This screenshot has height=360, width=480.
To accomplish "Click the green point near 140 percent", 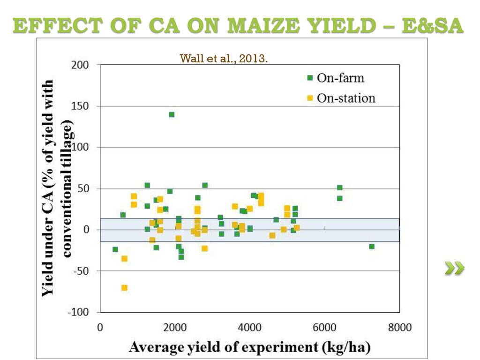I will tap(172, 114).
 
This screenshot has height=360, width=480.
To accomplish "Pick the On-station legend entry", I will tap(341, 98).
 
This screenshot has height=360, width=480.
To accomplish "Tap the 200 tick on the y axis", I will tap(80, 65).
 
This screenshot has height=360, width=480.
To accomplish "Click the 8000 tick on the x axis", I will tap(399, 327).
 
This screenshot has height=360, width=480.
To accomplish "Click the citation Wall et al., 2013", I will tap(224, 59).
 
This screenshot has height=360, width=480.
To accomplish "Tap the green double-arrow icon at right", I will tap(454, 268).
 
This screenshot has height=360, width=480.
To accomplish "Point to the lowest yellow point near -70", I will tap(124, 288).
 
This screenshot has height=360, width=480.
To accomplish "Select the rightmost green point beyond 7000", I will tap(372, 246).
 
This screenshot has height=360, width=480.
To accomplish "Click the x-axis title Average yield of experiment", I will tap(250, 347).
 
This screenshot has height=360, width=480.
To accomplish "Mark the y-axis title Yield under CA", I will tap(56, 187).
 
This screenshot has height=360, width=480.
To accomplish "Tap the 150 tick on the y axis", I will tap(81, 106).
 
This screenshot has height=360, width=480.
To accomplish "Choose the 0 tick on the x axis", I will tap(100, 327).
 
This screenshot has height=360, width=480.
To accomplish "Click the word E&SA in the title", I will tap(432, 26).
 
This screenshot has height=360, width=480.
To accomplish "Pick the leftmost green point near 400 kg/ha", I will tap(115, 249).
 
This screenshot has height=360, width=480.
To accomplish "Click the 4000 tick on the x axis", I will tap(249, 327).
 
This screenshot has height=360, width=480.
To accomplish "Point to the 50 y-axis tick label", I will tap(84, 188).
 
